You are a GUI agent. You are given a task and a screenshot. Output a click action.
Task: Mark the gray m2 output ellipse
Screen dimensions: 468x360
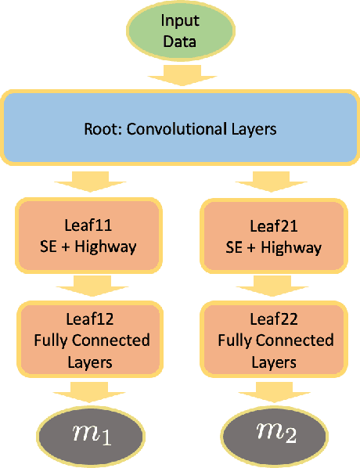click(273, 433)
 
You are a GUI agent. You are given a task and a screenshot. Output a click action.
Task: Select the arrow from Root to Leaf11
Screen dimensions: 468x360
click(88, 182)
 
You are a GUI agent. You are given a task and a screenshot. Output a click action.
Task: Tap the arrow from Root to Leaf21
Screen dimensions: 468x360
click(273, 182)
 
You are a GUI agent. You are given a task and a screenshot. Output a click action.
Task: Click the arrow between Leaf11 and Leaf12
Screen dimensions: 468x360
click(88, 283)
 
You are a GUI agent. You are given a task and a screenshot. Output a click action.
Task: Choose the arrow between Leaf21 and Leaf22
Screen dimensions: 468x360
click(273, 283)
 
